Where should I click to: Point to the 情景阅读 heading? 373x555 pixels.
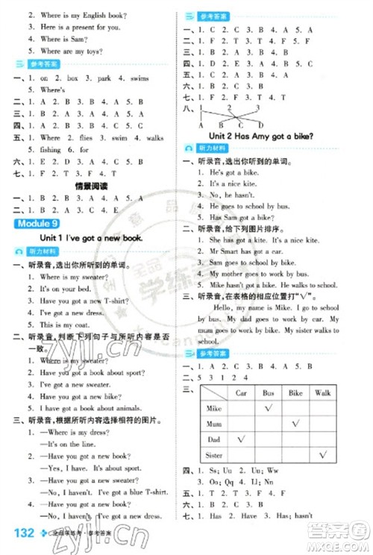92,186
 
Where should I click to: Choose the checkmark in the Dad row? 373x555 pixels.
241,439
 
